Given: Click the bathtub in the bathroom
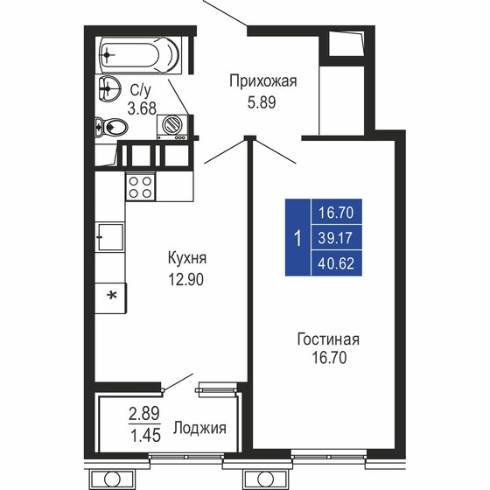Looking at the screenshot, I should point(140,56).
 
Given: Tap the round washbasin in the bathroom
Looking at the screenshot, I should point(110,87).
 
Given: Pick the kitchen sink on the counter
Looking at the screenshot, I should point(108,236).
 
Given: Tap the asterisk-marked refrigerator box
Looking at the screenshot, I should point(112,295).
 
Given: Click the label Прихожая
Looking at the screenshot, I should point(262,82).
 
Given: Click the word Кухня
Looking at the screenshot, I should point(188,259).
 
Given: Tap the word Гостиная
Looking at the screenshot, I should point(329,339).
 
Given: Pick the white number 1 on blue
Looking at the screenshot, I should point(298,237).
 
